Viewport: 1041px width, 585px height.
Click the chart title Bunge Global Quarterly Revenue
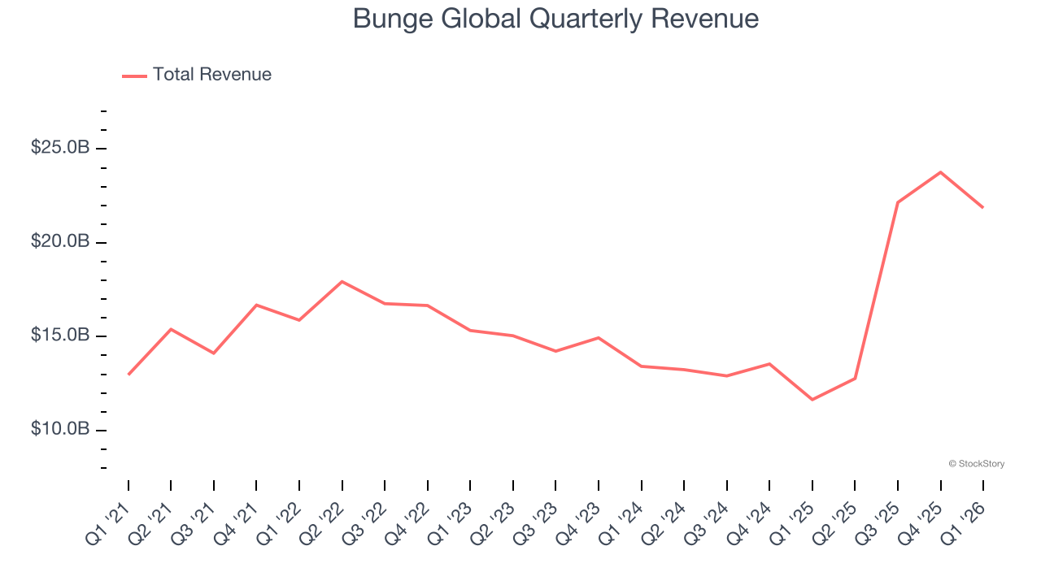pos(555,18)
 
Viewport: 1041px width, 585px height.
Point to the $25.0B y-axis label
pos(60,148)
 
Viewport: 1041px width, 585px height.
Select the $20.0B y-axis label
pos(60,242)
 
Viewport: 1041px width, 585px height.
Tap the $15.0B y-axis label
pos(60,336)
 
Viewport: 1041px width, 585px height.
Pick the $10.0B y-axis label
pos(60,429)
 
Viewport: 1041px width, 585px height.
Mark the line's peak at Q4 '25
pos(940,172)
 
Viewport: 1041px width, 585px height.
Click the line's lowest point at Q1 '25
pos(812,400)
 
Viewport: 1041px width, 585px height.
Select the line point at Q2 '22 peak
pos(342,282)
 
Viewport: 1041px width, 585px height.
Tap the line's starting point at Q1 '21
pos(128,375)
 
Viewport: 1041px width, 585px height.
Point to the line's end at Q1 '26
pos(982,207)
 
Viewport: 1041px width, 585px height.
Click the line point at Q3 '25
pos(897,202)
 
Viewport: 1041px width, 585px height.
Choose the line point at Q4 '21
pos(256,305)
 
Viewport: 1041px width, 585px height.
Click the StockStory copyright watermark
pos(976,464)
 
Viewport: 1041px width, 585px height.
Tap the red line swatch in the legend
pos(134,76)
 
